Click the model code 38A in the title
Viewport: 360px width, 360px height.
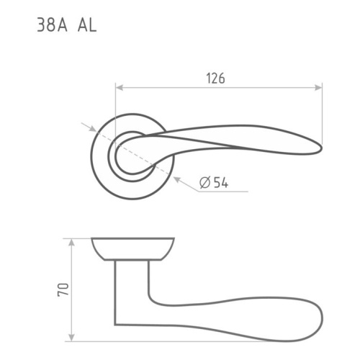pos(51,27)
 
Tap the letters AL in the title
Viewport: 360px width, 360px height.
pos(86,27)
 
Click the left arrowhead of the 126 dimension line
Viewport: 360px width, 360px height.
pos(119,88)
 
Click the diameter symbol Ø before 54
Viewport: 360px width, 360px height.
pos(204,183)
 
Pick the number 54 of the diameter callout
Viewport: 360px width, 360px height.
pos(220,183)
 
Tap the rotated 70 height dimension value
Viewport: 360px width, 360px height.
pos(63,291)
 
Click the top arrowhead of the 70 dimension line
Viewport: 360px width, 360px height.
pos(71,241)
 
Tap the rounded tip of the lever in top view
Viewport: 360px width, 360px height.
pos(318,148)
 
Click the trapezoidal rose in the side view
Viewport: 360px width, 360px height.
pos(133,249)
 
